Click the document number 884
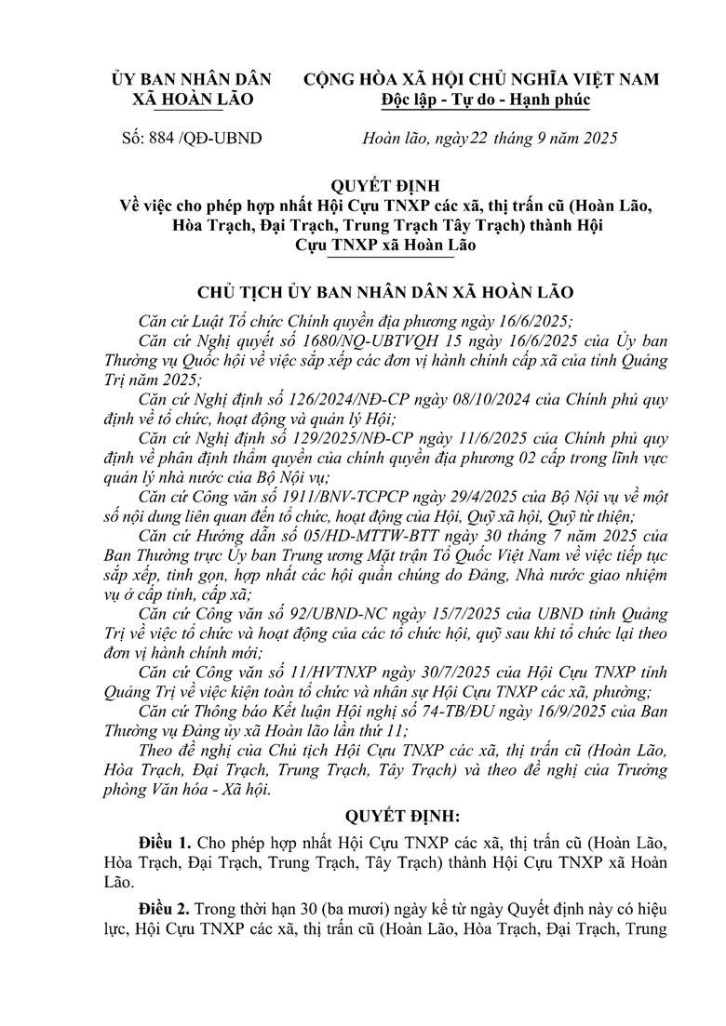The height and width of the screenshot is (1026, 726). pyautogui.click(x=155, y=139)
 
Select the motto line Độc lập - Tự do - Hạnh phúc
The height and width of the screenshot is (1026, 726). pyautogui.click(x=485, y=100)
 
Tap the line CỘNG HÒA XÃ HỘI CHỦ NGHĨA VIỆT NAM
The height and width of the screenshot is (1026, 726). pyautogui.click(x=485, y=81)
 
